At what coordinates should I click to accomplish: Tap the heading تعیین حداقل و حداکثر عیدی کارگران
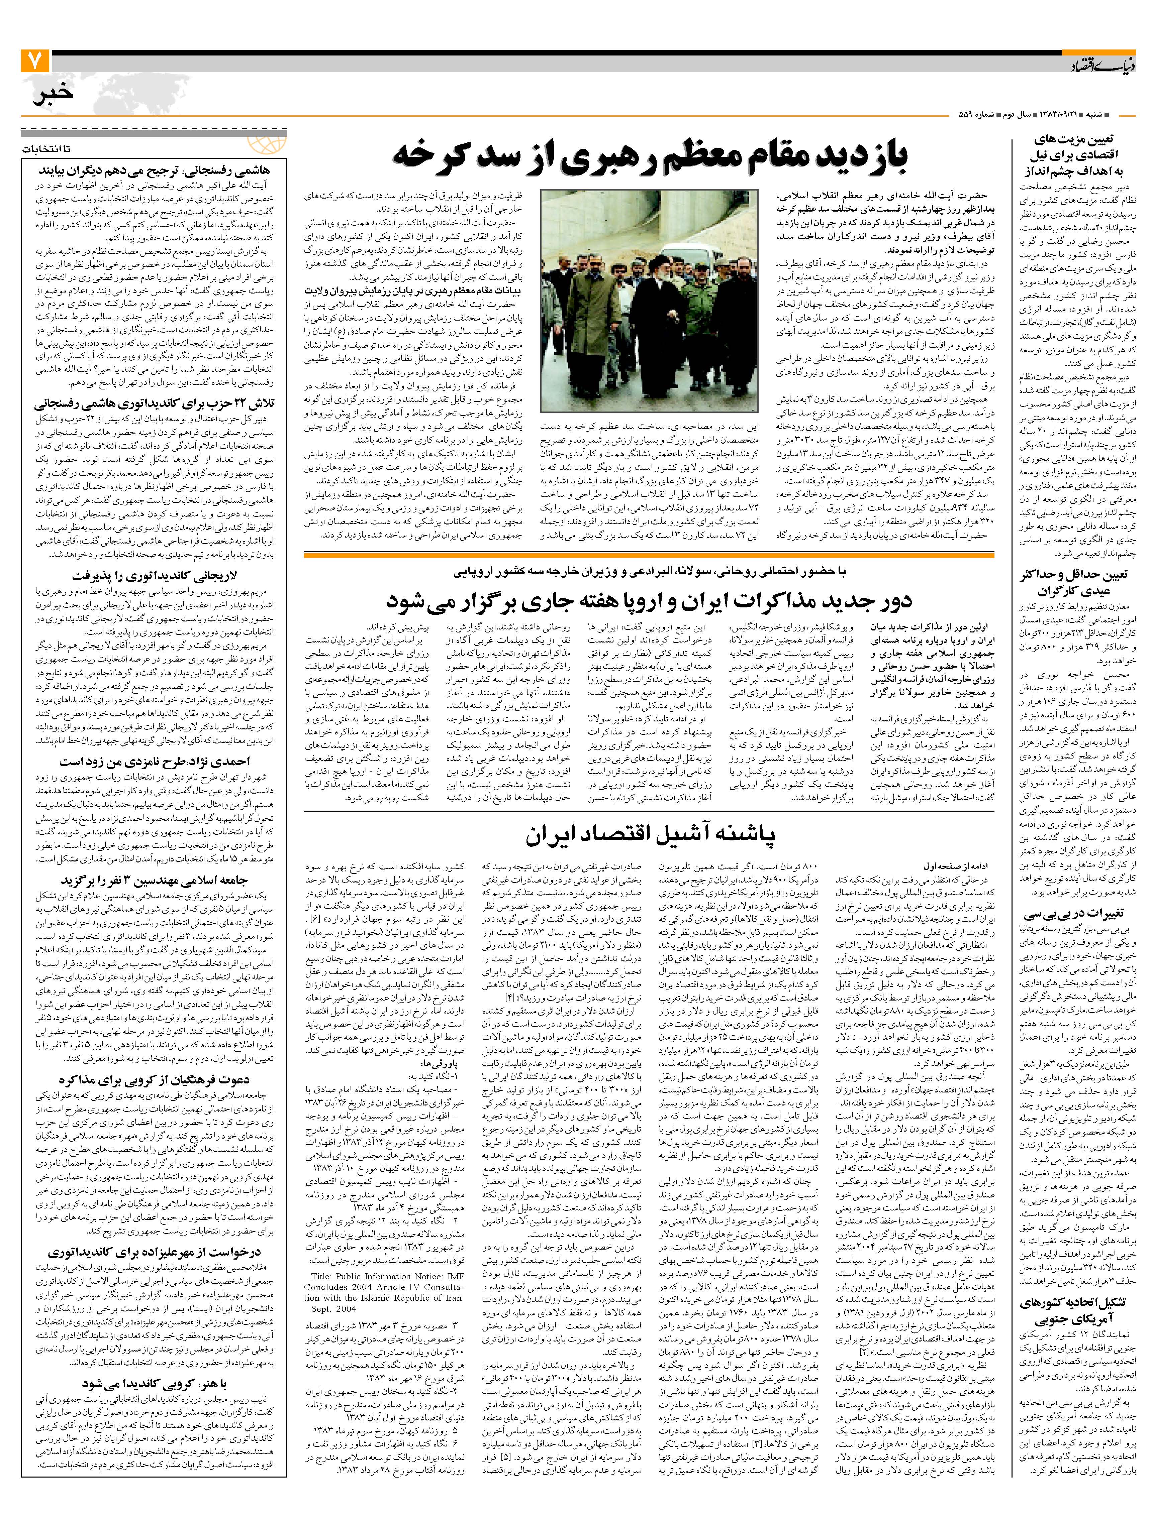click(1074, 583)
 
